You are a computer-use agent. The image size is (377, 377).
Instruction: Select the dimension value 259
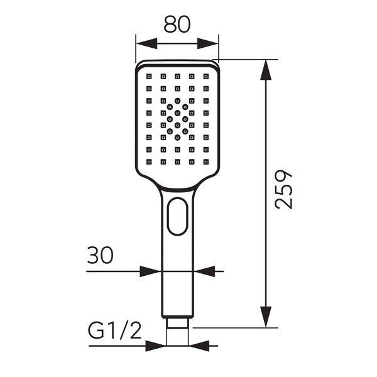pos(283,189)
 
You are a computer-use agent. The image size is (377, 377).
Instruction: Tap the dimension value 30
pos(100,256)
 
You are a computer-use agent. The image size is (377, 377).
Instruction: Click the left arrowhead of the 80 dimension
pos(145,43)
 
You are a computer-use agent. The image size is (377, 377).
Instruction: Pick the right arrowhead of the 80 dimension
pos(209,43)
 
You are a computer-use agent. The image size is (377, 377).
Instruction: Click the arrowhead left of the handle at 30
pos(151,271)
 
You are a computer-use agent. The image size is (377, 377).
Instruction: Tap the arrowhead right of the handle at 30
pos(205,271)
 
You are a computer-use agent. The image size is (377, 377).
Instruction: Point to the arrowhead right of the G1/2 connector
pos(199,346)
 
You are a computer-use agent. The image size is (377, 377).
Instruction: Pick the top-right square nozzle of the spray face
pos(205,76)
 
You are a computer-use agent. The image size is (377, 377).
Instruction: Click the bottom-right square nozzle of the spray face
pos(205,161)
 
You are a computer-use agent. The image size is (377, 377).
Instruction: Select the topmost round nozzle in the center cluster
pos(177,100)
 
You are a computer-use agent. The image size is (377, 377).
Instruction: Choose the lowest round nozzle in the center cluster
pos(177,136)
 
